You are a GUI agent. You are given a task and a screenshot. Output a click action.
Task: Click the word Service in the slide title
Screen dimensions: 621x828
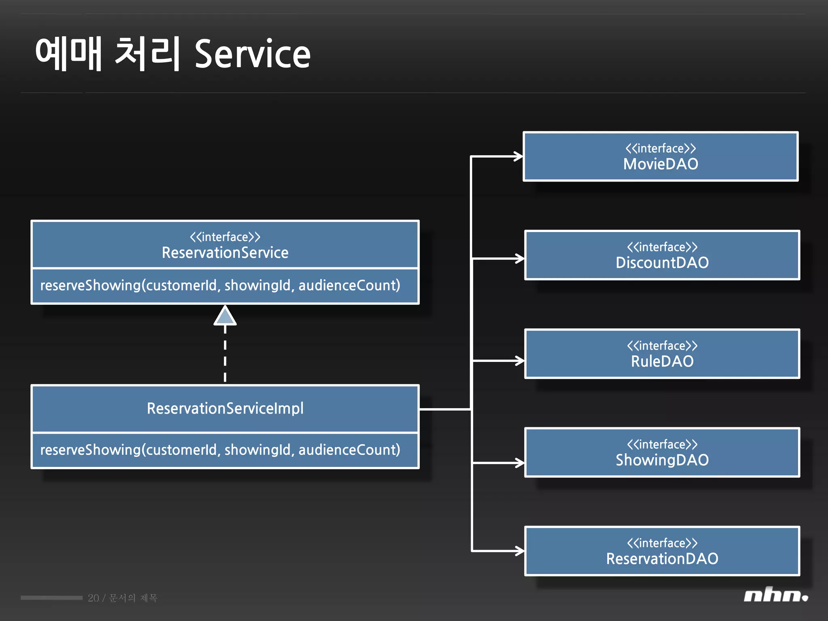coord(253,54)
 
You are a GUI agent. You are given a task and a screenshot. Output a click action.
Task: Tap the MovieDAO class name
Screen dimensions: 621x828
coord(661,164)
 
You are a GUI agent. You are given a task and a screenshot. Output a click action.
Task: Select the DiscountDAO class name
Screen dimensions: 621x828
coord(662,263)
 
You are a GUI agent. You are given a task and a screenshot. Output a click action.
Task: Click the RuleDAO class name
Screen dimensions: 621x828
coord(662,361)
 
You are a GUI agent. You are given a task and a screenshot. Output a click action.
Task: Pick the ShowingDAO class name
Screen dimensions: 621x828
coord(662,460)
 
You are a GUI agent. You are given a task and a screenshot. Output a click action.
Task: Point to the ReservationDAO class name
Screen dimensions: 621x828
coord(662,559)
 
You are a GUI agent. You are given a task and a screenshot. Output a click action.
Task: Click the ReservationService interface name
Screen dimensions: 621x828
coord(225,253)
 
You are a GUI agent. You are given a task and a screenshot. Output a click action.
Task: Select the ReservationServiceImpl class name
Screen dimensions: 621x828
coord(225,408)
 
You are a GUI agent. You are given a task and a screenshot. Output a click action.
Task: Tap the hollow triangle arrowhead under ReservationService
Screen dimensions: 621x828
coord(225,316)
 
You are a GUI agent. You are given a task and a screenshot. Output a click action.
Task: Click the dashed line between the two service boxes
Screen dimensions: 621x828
coord(225,356)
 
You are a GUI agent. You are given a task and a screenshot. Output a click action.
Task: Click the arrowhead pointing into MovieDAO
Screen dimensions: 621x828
coord(518,156)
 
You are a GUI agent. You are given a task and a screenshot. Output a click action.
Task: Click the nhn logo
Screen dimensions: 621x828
coord(775,595)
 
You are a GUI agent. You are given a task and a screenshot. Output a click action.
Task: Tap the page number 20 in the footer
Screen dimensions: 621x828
coord(93,598)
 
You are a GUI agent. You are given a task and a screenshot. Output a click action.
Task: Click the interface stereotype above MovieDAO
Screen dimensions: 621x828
coord(661,148)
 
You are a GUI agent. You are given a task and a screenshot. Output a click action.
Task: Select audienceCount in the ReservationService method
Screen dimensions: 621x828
coord(349,285)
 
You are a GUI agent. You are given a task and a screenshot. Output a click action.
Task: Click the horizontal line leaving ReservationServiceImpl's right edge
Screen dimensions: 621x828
coord(445,410)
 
